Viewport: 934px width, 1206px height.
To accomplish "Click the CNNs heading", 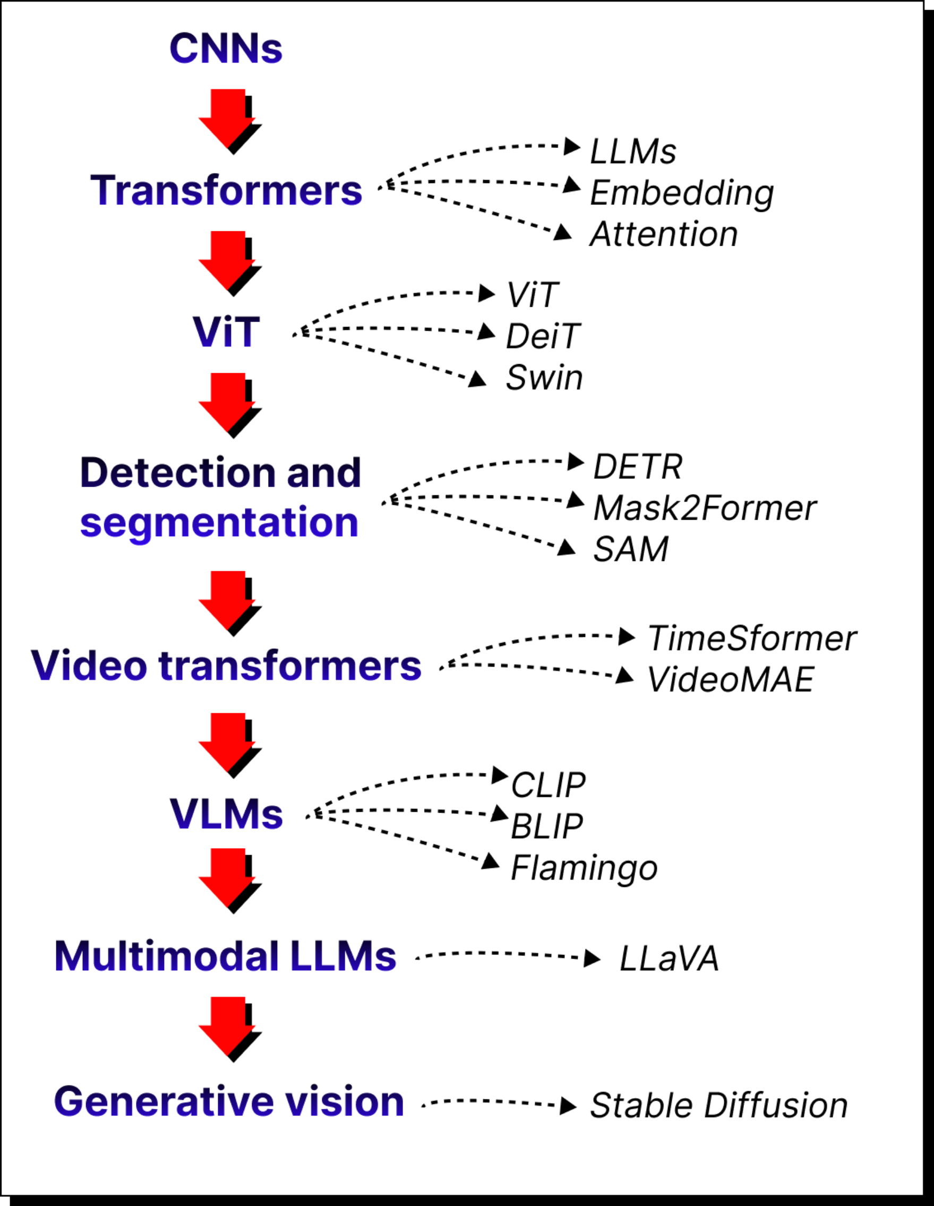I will coord(225,49).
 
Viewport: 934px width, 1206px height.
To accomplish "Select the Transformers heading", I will coord(226,191).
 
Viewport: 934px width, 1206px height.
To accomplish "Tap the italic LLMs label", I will coord(633,151).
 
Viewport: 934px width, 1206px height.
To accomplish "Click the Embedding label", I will coord(682,193).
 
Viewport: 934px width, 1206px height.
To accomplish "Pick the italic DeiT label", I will coord(542,337).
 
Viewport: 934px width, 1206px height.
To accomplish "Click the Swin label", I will coord(544,378).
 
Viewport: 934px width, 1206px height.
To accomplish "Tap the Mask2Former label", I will coord(704,508).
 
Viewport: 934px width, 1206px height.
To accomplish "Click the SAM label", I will coord(631,549).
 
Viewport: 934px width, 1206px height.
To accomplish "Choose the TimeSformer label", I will coord(752,639).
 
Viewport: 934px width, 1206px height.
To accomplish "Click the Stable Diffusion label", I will coord(718,1106).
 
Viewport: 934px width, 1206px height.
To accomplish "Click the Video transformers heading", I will coord(226,666).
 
